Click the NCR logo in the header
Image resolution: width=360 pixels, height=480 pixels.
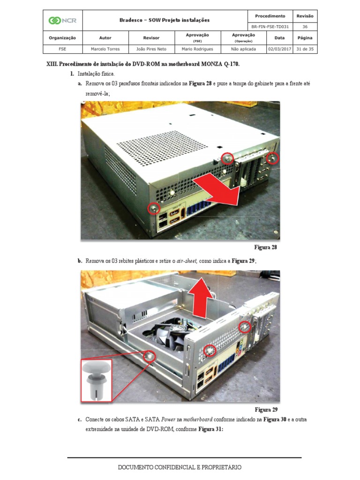pyautogui.click(x=62, y=20)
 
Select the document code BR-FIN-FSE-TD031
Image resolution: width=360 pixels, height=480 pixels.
pyautogui.click(x=270, y=27)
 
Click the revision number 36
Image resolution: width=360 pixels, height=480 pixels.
pyautogui.click(x=305, y=27)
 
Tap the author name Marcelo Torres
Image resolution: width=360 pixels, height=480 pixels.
pyautogui.click(x=105, y=49)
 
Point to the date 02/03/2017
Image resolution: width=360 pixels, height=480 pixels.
pyautogui.click(x=279, y=49)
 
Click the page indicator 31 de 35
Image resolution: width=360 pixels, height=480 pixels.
pyautogui.click(x=305, y=49)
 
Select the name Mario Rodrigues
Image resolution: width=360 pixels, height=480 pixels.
pyautogui.click(x=197, y=49)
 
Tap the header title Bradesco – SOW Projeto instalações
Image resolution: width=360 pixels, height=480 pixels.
pyautogui.click(x=165, y=20)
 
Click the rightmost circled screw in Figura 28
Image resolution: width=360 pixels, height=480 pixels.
pyautogui.click(x=272, y=158)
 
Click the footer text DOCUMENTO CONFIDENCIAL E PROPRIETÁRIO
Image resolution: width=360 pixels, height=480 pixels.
pyautogui.click(x=180, y=467)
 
